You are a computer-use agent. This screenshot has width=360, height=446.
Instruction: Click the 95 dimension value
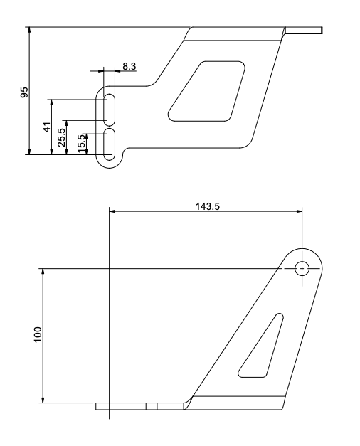click(x=24, y=92)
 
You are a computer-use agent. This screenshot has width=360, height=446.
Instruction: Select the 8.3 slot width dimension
click(x=129, y=66)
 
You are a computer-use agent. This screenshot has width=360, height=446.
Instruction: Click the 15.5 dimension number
click(x=81, y=141)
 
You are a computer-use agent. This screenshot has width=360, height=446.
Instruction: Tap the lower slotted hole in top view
click(x=110, y=144)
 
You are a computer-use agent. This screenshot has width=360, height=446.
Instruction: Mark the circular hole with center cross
click(x=302, y=268)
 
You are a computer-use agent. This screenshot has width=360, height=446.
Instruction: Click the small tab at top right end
click(x=305, y=31)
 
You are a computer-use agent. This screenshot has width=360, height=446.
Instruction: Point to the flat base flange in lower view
click(x=142, y=408)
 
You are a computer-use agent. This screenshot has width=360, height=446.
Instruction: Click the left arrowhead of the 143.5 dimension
click(x=112, y=210)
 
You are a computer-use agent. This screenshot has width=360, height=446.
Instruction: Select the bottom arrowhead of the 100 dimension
click(x=43, y=400)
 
